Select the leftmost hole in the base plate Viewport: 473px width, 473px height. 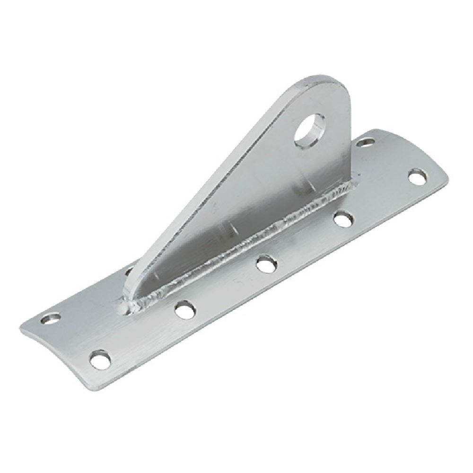tap(52, 318)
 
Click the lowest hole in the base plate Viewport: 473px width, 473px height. tap(100, 359)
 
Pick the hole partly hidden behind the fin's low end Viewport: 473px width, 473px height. tap(129, 271)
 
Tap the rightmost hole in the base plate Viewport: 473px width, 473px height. tap(417, 177)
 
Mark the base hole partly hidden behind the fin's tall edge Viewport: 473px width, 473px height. tap(364, 141)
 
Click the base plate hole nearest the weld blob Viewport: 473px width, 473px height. tap(185, 309)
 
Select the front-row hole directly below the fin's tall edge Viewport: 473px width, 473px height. tap(343, 219)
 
